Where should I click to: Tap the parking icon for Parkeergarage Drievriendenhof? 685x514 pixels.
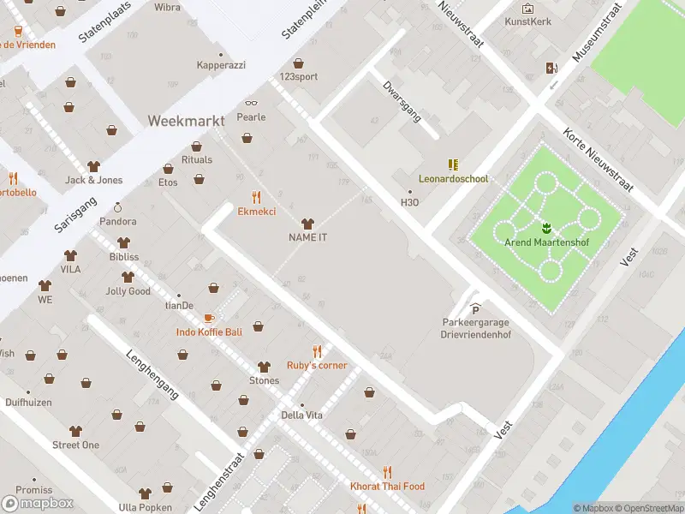476,309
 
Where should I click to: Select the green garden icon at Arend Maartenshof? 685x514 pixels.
546,228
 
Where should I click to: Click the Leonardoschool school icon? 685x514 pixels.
453,164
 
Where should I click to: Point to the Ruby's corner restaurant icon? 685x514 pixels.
317,351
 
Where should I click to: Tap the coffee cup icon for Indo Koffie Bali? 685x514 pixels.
209,318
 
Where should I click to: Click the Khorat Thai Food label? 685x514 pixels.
387,487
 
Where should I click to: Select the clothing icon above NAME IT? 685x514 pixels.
307,223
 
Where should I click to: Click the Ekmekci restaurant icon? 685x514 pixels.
256,197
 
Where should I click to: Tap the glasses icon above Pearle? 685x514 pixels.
251,103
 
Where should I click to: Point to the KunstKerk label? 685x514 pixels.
527,21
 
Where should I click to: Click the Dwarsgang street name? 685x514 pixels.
402,102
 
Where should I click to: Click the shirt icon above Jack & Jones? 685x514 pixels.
94,166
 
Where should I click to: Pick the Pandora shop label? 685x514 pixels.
117,221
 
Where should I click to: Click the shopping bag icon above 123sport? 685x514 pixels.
298,63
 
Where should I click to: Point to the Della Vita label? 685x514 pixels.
301,415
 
